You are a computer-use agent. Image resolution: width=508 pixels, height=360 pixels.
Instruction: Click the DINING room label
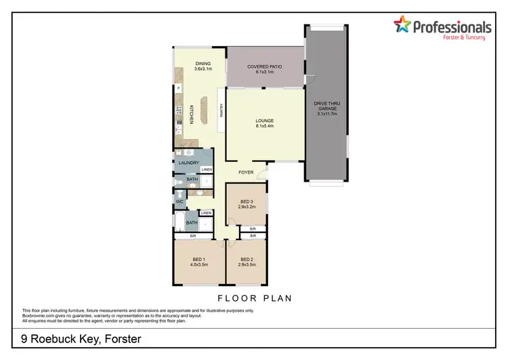pos(203,63)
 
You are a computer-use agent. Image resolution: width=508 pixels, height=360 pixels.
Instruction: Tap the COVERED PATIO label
pos(265,66)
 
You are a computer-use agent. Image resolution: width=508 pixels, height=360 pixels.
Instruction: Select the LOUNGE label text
pos(265,121)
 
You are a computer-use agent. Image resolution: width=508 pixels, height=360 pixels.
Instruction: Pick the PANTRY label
pos(221,109)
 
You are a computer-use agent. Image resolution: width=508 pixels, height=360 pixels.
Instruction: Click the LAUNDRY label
pos(188,163)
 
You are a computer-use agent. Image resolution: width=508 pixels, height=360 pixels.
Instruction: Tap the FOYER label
pos(246,173)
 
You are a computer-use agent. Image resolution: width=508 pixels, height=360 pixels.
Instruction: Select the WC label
pos(180,202)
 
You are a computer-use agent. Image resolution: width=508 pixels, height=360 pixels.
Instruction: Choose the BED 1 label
pos(198,260)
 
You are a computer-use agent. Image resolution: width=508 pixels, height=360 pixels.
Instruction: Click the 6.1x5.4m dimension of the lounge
pos(265,126)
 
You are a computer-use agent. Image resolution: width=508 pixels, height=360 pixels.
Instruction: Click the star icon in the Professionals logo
pos(402,26)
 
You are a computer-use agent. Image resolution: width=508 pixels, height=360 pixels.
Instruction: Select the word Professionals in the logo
pos(452,26)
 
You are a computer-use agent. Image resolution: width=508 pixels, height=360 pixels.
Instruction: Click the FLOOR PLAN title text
pos(255,298)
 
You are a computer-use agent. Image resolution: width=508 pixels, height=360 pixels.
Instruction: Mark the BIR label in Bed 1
pos(183,236)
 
